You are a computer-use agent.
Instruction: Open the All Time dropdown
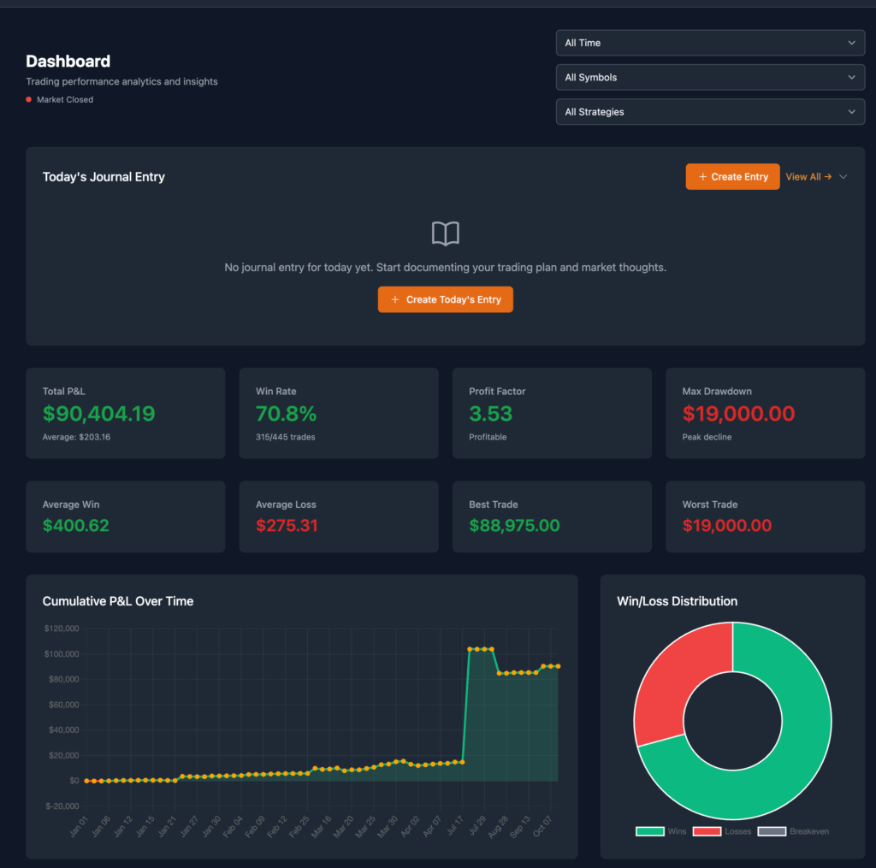[x=709, y=43]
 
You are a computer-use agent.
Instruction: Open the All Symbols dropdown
[x=709, y=77]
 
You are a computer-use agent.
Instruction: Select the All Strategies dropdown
[x=709, y=112]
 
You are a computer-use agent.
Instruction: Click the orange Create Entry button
[x=732, y=177]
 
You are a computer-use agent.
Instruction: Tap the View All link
[x=808, y=177]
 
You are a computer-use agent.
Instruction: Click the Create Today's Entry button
[x=445, y=299]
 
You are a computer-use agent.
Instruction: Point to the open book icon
[x=445, y=233]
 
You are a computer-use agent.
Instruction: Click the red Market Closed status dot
[x=29, y=100]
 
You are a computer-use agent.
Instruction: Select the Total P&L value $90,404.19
[x=98, y=414]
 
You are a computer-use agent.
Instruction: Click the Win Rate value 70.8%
[x=286, y=414]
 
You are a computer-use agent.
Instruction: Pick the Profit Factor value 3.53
[x=490, y=414]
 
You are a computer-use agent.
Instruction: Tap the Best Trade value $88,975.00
[x=514, y=526]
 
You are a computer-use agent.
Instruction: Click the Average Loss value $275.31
[x=287, y=526]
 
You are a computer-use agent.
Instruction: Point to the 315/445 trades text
[x=286, y=437]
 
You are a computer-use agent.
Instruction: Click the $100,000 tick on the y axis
[x=61, y=654]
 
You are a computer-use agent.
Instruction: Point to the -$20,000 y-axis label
[x=61, y=806]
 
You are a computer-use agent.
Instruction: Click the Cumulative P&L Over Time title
[x=118, y=601]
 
